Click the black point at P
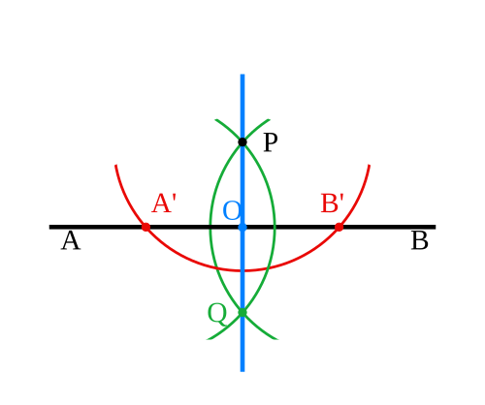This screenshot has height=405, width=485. click(242, 142)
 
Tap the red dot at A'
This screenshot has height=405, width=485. click(145, 227)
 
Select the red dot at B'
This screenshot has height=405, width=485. click(339, 227)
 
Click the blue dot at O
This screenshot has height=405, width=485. click(242, 227)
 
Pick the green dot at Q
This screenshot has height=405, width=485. click(242, 312)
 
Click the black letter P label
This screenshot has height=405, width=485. click(271, 142)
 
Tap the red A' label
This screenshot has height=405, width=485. click(164, 203)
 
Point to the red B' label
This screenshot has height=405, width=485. click(332, 203)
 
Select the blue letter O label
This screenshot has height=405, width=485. click(232, 211)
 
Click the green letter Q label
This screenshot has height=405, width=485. click(217, 314)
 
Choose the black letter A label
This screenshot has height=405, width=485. click(71, 241)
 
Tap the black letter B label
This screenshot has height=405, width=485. click(420, 241)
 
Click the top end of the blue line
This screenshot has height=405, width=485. click(242, 75)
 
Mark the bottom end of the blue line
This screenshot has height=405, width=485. click(242, 371)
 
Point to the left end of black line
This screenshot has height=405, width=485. click(49, 227)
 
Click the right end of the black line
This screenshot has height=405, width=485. click(436, 227)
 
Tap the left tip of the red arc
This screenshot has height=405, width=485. click(115, 166)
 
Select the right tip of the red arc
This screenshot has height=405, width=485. click(370, 166)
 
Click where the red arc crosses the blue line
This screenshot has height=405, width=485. click(242, 270)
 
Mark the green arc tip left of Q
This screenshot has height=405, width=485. click(208, 339)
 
